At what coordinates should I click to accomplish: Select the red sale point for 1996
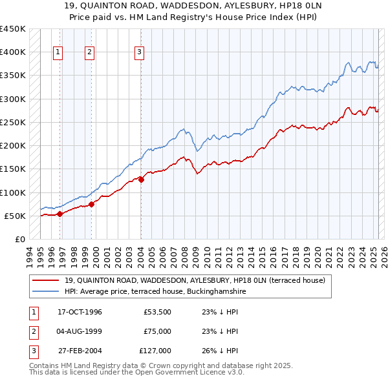(x=59, y=214)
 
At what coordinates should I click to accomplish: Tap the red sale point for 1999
(x=91, y=204)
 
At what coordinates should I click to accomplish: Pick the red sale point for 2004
(x=141, y=180)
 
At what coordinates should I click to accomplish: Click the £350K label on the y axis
(x=12, y=76)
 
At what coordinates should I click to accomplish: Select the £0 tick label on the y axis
(x=19, y=240)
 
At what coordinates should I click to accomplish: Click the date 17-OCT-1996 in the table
(x=80, y=312)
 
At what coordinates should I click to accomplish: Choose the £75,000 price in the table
(x=158, y=331)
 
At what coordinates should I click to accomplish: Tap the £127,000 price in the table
(x=155, y=351)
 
